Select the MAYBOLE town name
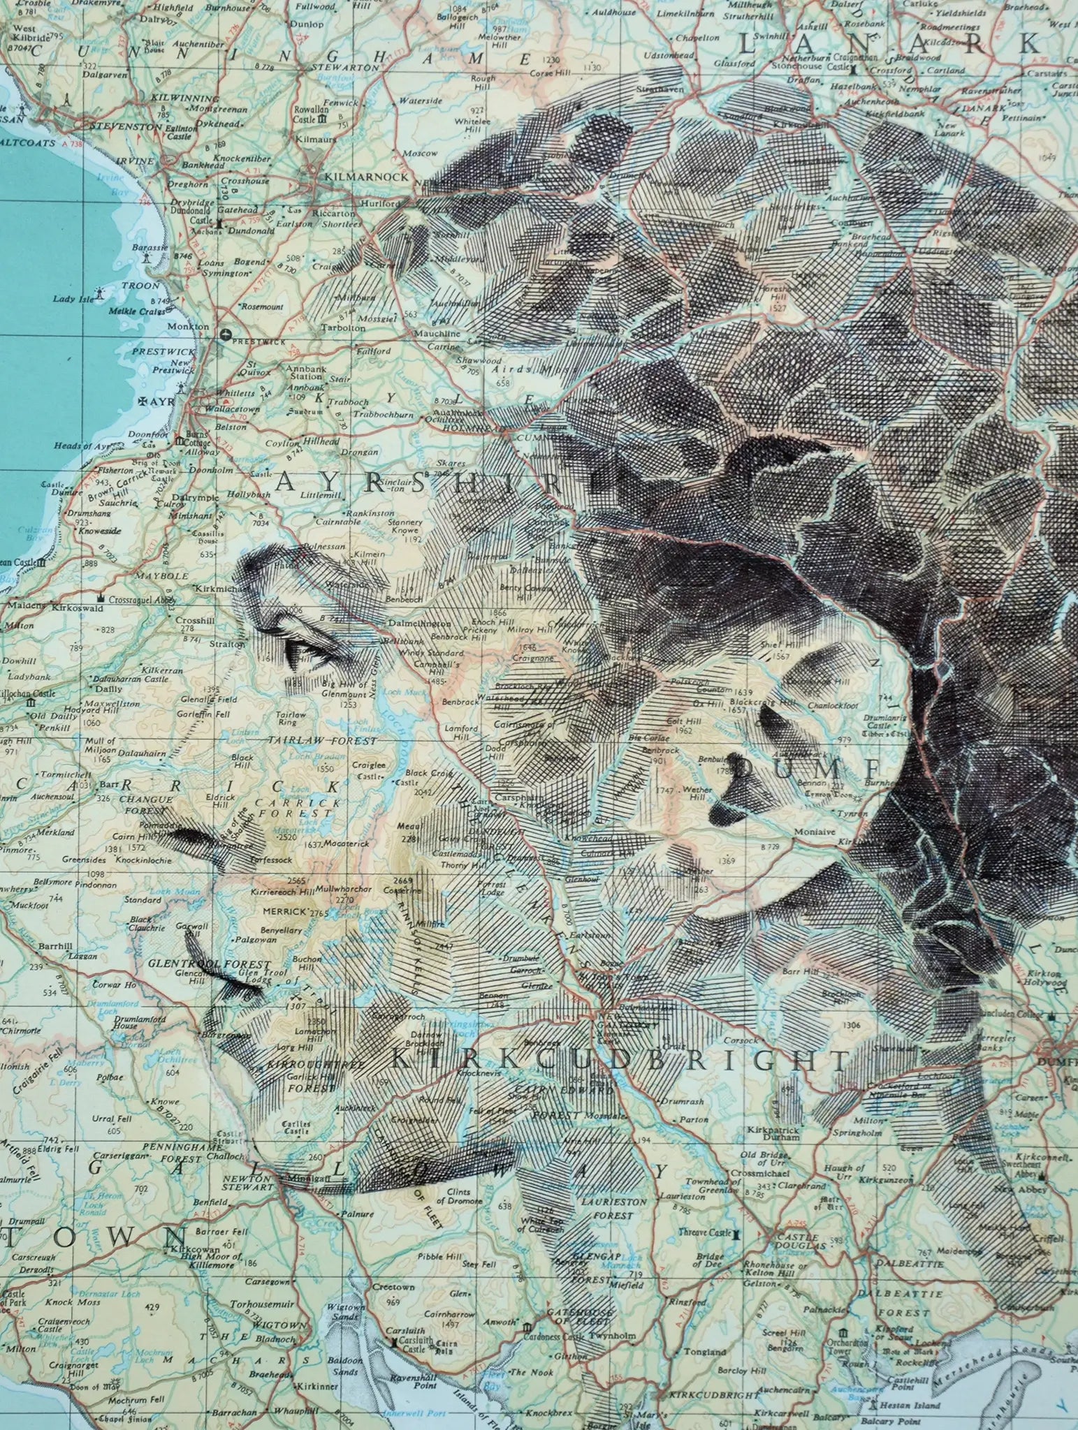click(166, 576)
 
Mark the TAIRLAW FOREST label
click(323, 741)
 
